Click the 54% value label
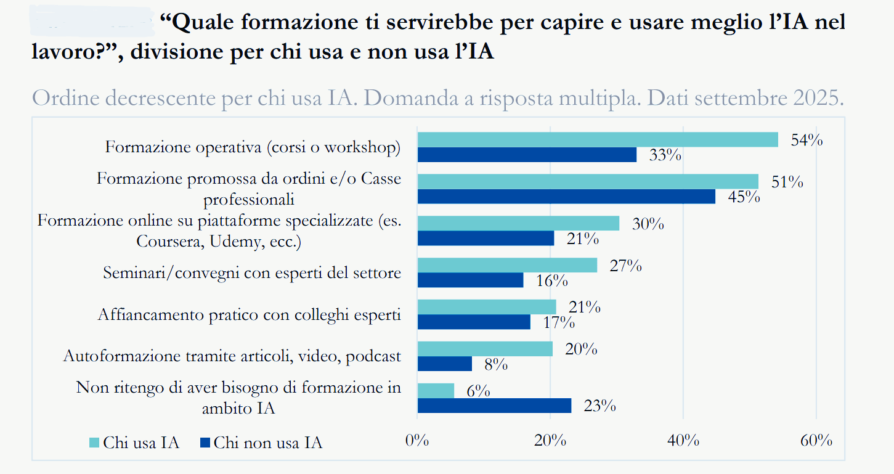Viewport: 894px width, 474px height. point(807,141)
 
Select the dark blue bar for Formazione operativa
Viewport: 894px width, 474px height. point(527,155)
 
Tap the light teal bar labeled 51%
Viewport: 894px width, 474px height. point(588,181)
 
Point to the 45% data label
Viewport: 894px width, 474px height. point(744,197)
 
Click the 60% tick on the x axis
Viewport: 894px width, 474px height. point(816,441)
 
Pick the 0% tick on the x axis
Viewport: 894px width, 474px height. point(417,441)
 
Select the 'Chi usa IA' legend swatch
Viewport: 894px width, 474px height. point(94,443)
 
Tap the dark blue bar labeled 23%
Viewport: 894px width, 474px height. point(494,406)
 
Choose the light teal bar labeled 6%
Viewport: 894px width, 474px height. point(436,391)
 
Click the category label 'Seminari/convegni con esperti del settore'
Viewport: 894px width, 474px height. point(252,272)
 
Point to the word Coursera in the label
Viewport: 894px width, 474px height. point(169,242)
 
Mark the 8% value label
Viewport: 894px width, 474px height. point(495,364)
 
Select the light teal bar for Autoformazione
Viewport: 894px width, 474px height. point(485,349)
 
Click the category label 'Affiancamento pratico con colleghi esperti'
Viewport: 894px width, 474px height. point(250,314)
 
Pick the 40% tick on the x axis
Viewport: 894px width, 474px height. point(683,441)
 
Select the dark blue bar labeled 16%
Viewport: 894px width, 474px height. point(470,280)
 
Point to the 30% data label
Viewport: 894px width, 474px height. point(648,224)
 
